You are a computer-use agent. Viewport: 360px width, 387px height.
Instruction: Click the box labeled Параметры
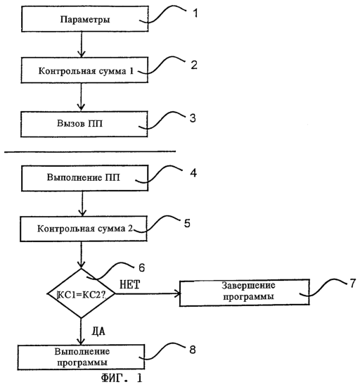(x=85, y=19)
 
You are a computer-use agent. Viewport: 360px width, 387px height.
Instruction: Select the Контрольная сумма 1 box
(x=84, y=70)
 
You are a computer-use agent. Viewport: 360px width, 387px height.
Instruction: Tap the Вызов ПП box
(x=84, y=124)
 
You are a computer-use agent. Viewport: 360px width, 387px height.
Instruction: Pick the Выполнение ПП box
(x=85, y=178)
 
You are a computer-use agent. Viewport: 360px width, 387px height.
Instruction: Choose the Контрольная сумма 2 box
(x=84, y=229)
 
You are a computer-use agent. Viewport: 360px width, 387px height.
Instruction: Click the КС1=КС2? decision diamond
(x=81, y=293)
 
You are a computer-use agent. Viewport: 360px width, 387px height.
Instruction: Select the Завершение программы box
(x=245, y=293)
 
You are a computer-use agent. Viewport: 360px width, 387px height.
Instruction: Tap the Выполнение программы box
(x=81, y=357)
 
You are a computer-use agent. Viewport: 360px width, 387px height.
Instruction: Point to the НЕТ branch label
(x=129, y=284)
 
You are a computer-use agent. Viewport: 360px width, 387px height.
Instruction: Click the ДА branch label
(x=98, y=331)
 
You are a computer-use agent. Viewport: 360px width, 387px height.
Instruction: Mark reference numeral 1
(x=195, y=13)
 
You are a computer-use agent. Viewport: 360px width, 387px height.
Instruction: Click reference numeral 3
(x=193, y=118)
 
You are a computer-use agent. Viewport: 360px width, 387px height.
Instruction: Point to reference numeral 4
(x=193, y=173)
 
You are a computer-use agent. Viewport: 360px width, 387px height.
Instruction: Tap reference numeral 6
(x=141, y=267)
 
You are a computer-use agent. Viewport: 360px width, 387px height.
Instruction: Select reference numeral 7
(x=353, y=283)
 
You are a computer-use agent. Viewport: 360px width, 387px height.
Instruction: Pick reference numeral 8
(x=193, y=350)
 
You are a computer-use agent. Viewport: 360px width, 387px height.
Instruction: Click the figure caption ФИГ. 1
(x=122, y=378)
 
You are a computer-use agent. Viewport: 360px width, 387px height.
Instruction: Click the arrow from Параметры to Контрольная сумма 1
(x=81, y=44)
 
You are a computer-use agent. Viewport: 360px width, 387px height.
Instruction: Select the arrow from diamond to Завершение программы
(x=148, y=293)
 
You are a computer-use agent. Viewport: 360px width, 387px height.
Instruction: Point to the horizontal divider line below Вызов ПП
(x=90, y=151)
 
